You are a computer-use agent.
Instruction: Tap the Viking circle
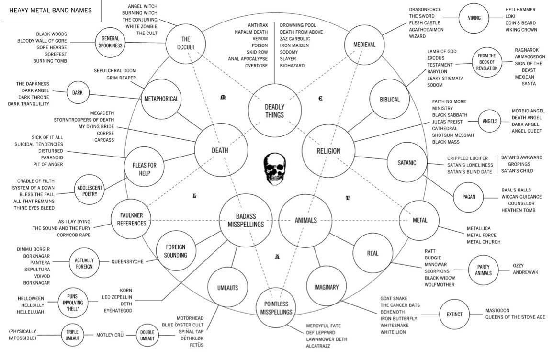[470, 18]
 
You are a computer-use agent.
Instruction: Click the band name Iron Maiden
[294, 45]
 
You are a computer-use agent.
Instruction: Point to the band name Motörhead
[190, 318]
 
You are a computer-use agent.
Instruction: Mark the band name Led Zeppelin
[117, 297]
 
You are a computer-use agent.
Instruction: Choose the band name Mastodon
[501, 310]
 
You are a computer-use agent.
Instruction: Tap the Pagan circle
[469, 196]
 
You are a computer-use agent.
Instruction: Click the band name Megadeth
[102, 112]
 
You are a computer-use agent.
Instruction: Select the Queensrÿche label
[127, 262]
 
